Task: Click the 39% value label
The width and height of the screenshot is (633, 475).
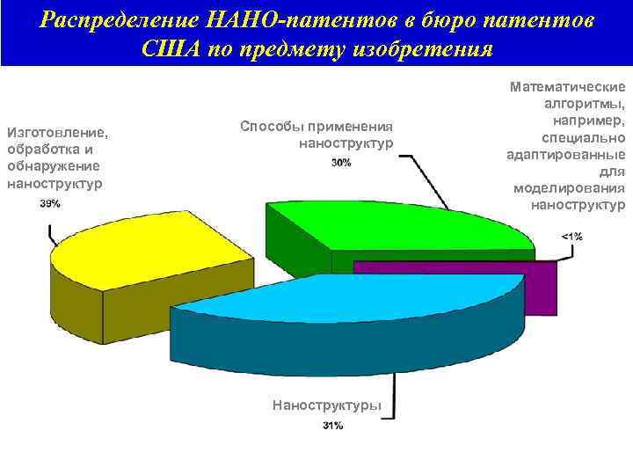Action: (x=50, y=203)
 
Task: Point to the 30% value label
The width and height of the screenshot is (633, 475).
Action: (x=342, y=163)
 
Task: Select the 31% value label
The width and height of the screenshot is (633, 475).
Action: (x=332, y=426)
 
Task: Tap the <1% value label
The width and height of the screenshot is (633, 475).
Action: (x=571, y=236)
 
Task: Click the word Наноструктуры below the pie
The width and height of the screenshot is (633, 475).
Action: (x=327, y=406)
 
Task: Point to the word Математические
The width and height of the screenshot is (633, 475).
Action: (x=568, y=87)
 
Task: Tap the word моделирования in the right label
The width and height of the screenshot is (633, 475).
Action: (x=570, y=189)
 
